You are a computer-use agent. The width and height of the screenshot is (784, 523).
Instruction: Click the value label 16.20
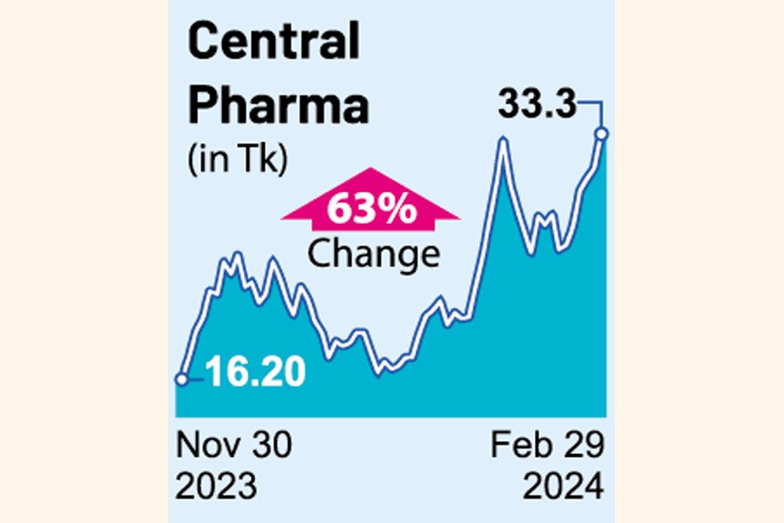click(x=255, y=373)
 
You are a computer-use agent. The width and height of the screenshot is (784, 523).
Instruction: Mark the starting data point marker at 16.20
click(x=181, y=379)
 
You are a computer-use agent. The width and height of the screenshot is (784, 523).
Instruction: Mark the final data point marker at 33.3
click(x=601, y=133)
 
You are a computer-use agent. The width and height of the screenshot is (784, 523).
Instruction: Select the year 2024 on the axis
click(x=561, y=485)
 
